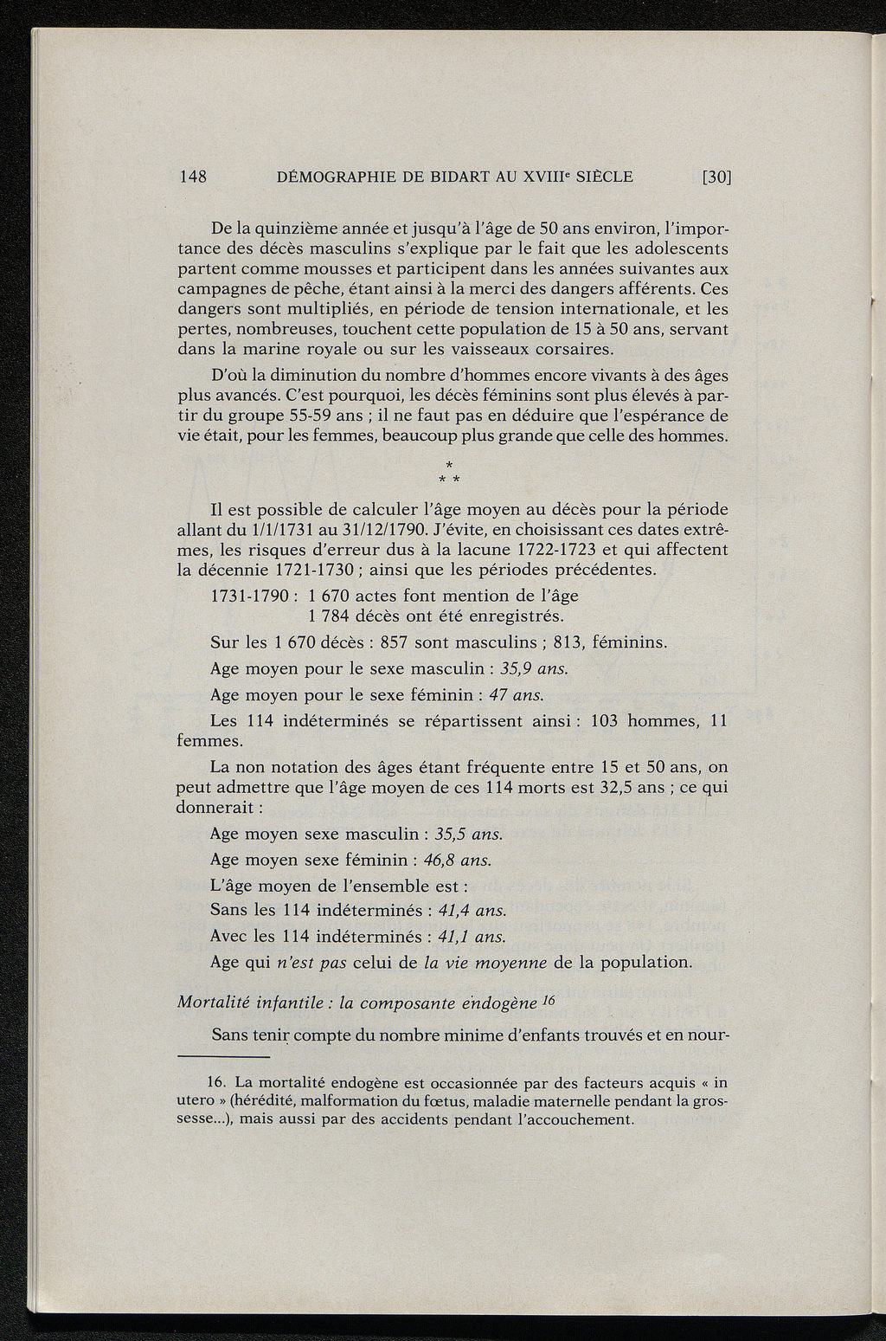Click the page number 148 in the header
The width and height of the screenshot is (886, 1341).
coord(192,177)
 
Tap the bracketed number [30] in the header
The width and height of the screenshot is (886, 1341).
coord(717,177)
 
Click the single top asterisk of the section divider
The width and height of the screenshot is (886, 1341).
coord(449,466)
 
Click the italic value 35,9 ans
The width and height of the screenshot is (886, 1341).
coord(534,668)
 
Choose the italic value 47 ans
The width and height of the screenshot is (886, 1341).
coord(516,694)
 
